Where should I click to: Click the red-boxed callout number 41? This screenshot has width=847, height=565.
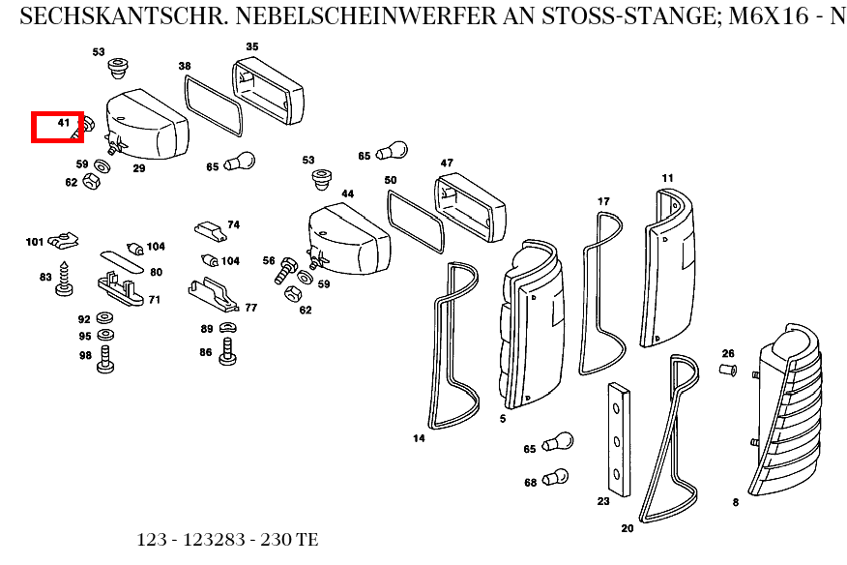point(64,123)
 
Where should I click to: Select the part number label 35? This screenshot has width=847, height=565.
point(252,46)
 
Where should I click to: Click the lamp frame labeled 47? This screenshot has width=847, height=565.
point(470,205)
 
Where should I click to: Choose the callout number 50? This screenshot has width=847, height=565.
point(390,180)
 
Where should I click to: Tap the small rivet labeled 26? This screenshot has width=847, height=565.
point(729,370)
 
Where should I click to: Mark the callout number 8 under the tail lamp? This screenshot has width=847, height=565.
point(735,502)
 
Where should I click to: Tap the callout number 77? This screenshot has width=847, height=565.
point(250,308)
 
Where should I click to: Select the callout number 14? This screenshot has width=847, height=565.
point(419,438)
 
